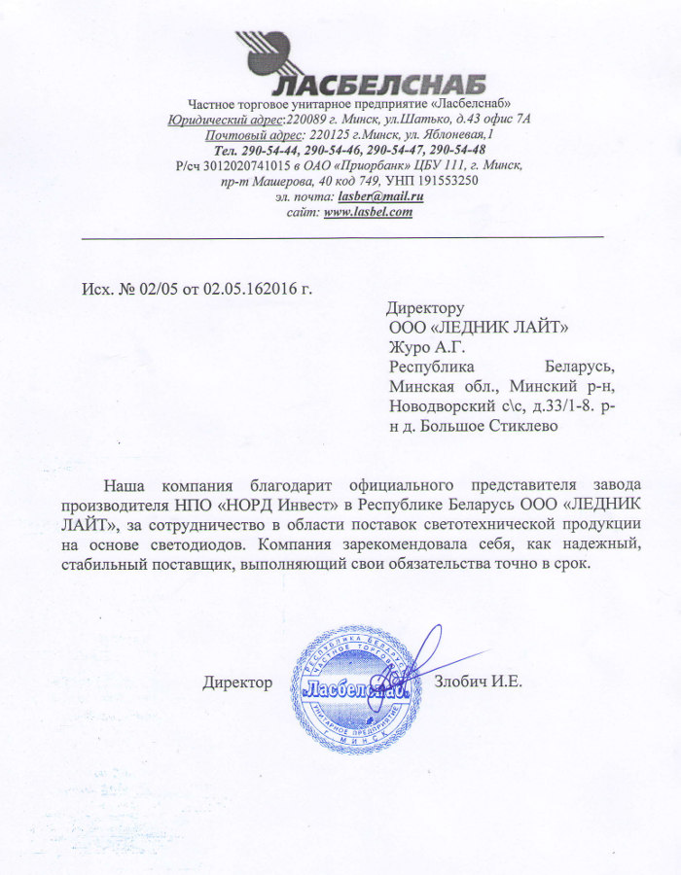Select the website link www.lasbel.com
click(369, 212)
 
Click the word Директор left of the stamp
click(237, 682)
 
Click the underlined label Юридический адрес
click(225, 120)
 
